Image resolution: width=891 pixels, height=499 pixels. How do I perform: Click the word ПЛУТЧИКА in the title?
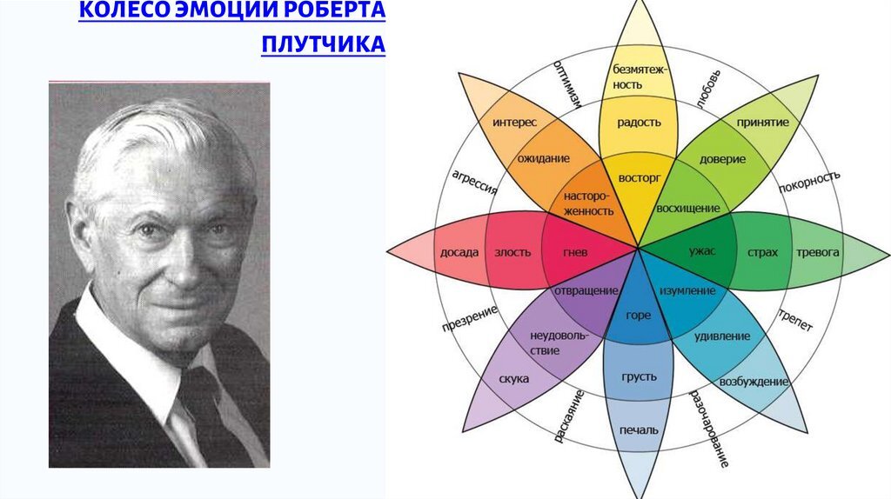322,43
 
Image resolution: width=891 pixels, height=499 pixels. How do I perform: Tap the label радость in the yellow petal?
639,123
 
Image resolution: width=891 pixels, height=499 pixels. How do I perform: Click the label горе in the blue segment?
638,316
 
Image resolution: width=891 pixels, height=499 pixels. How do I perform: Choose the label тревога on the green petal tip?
818,253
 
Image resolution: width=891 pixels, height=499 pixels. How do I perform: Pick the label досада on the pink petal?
459,253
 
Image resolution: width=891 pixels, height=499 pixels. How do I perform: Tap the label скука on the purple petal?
514,379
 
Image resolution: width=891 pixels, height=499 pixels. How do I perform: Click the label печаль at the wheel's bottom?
638,429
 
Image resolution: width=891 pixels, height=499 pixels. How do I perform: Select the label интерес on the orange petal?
514,123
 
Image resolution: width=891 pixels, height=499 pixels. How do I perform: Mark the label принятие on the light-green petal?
762,123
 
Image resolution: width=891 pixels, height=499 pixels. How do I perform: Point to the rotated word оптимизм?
566,88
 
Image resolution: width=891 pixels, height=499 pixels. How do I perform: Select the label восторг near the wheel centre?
640,177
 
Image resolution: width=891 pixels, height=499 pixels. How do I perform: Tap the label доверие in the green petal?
722,160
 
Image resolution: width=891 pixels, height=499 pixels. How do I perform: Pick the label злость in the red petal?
513,253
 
